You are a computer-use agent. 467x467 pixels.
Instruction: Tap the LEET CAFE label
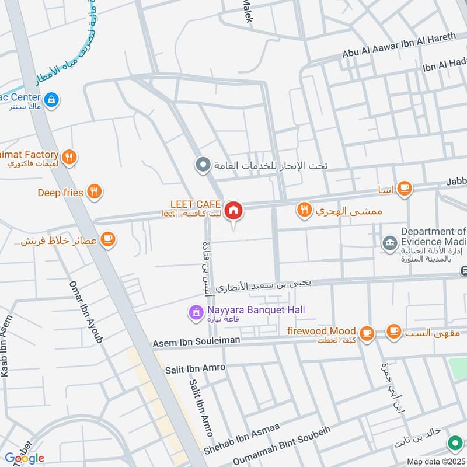[195, 204]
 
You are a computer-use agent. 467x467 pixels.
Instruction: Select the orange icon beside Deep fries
[94, 191]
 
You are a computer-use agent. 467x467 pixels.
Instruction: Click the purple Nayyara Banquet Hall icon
[195, 313]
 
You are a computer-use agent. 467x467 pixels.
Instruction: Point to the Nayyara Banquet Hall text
[256, 310]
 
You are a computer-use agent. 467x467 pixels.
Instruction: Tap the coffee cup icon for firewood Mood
[367, 333]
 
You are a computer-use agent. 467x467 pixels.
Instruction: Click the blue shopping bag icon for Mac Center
[52, 100]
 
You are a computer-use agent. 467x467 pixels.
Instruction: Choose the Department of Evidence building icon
[389, 241]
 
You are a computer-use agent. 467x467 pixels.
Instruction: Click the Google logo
[24, 458]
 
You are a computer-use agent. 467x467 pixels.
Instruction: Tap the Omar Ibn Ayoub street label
[85, 312]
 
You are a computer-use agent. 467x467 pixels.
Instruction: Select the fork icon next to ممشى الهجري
[304, 210]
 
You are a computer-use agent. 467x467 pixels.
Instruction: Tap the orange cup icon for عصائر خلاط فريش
[107, 239]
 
